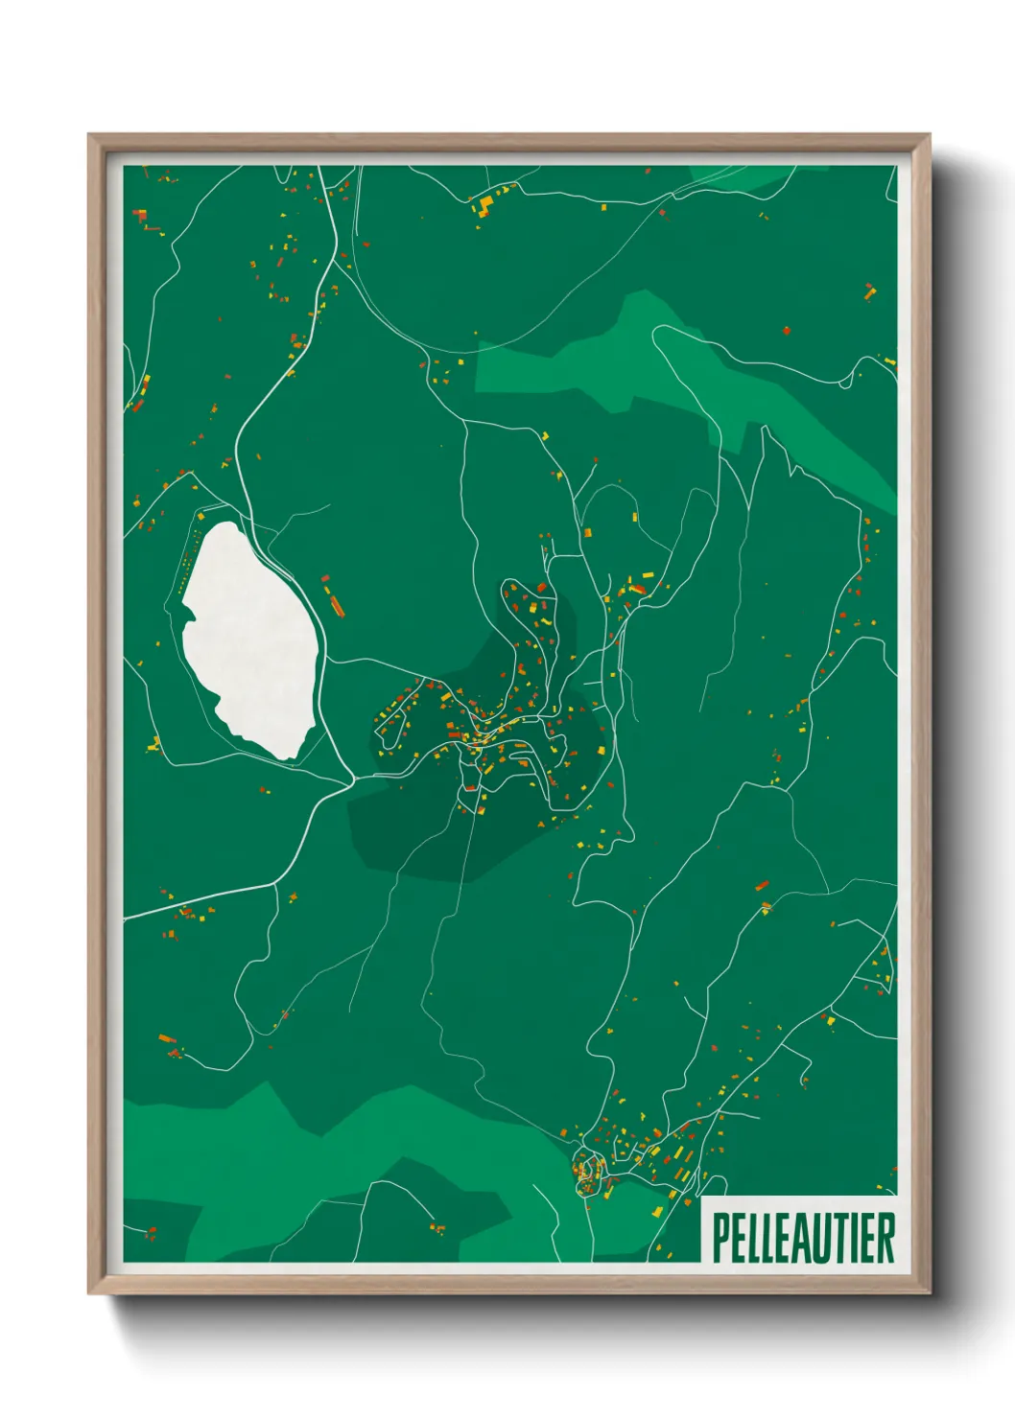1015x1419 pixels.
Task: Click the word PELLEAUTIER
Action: click(x=803, y=1238)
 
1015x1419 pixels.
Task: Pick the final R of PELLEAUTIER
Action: click(x=885, y=1238)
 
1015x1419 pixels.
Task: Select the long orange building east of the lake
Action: click(x=335, y=604)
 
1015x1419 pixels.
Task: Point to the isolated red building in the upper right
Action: click(x=787, y=331)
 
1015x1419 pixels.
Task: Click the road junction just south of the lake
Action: click(x=350, y=779)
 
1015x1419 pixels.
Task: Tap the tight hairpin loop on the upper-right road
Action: click(x=846, y=383)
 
